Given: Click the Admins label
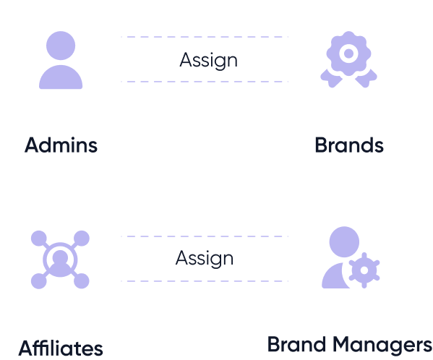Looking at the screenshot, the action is point(61,145).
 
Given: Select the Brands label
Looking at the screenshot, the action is point(349,145).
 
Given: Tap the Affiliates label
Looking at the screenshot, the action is point(61,348).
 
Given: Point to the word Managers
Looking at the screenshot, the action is point(382,345).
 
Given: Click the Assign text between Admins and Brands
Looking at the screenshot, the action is point(208,60).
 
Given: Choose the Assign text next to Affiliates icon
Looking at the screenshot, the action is point(205,258).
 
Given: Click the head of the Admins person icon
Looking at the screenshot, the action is point(61,46).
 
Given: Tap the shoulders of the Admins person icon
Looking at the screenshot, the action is point(61,77).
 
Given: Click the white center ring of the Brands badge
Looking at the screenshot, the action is point(348,53).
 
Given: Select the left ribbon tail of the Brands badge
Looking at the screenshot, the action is point(331,78).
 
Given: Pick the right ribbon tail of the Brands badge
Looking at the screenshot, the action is point(366,78).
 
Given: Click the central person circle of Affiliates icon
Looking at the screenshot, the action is point(60,260).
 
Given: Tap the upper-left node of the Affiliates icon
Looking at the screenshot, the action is point(39,238).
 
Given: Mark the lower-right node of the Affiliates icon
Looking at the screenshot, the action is point(82,281).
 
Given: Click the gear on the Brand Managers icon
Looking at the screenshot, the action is point(364,270).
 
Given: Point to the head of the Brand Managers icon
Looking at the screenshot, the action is point(344,241).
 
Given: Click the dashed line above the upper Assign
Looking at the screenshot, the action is point(205,37).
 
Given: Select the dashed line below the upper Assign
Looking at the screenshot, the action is point(205,82).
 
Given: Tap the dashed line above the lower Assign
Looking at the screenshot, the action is point(205,236).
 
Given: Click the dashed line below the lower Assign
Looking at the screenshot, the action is point(205,281).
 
